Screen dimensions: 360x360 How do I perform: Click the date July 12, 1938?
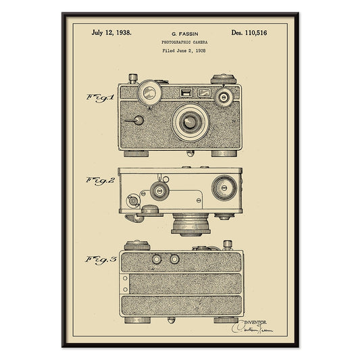coord(111,32)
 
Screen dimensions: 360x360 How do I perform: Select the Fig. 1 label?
coord(100,97)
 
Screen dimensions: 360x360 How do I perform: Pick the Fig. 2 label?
coord(100,180)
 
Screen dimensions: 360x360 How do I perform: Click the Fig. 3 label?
coord(100,259)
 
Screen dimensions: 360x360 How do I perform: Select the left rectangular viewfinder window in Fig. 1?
coord(185,93)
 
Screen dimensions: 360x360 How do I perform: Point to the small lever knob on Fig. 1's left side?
coord(138,121)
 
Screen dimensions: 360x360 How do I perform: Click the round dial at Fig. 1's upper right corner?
coord(224,97)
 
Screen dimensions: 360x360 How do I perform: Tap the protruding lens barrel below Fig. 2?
coord(190,223)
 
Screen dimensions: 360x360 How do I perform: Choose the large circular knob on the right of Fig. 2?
coord(224,187)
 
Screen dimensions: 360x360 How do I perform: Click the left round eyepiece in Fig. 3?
coord(157,259)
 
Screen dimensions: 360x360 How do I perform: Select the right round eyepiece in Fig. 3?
coord(174,259)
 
